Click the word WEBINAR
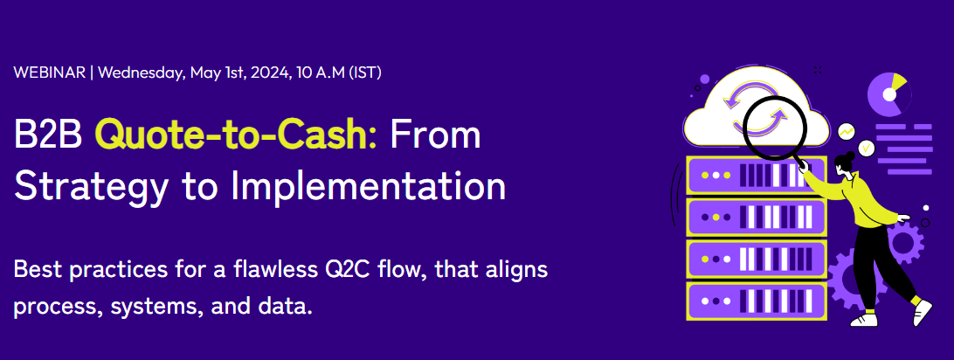pyautogui.click(x=48, y=73)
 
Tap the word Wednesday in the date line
pyautogui.click(x=138, y=73)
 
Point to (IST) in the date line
pyautogui.click(x=364, y=73)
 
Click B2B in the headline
pyautogui.click(x=49, y=135)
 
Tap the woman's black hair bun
pyautogui.click(x=845, y=159)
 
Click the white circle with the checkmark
pyautogui.click(x=866, y=149)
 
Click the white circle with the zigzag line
pyautogui.click(x=846, y=131)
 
